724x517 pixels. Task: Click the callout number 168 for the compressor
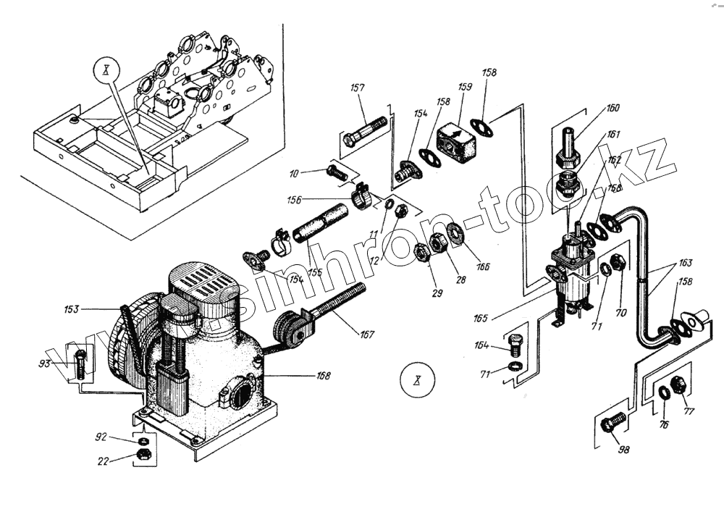click(323, 376)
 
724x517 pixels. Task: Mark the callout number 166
click(483, 266)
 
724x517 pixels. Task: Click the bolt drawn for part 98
click(613, 422)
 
